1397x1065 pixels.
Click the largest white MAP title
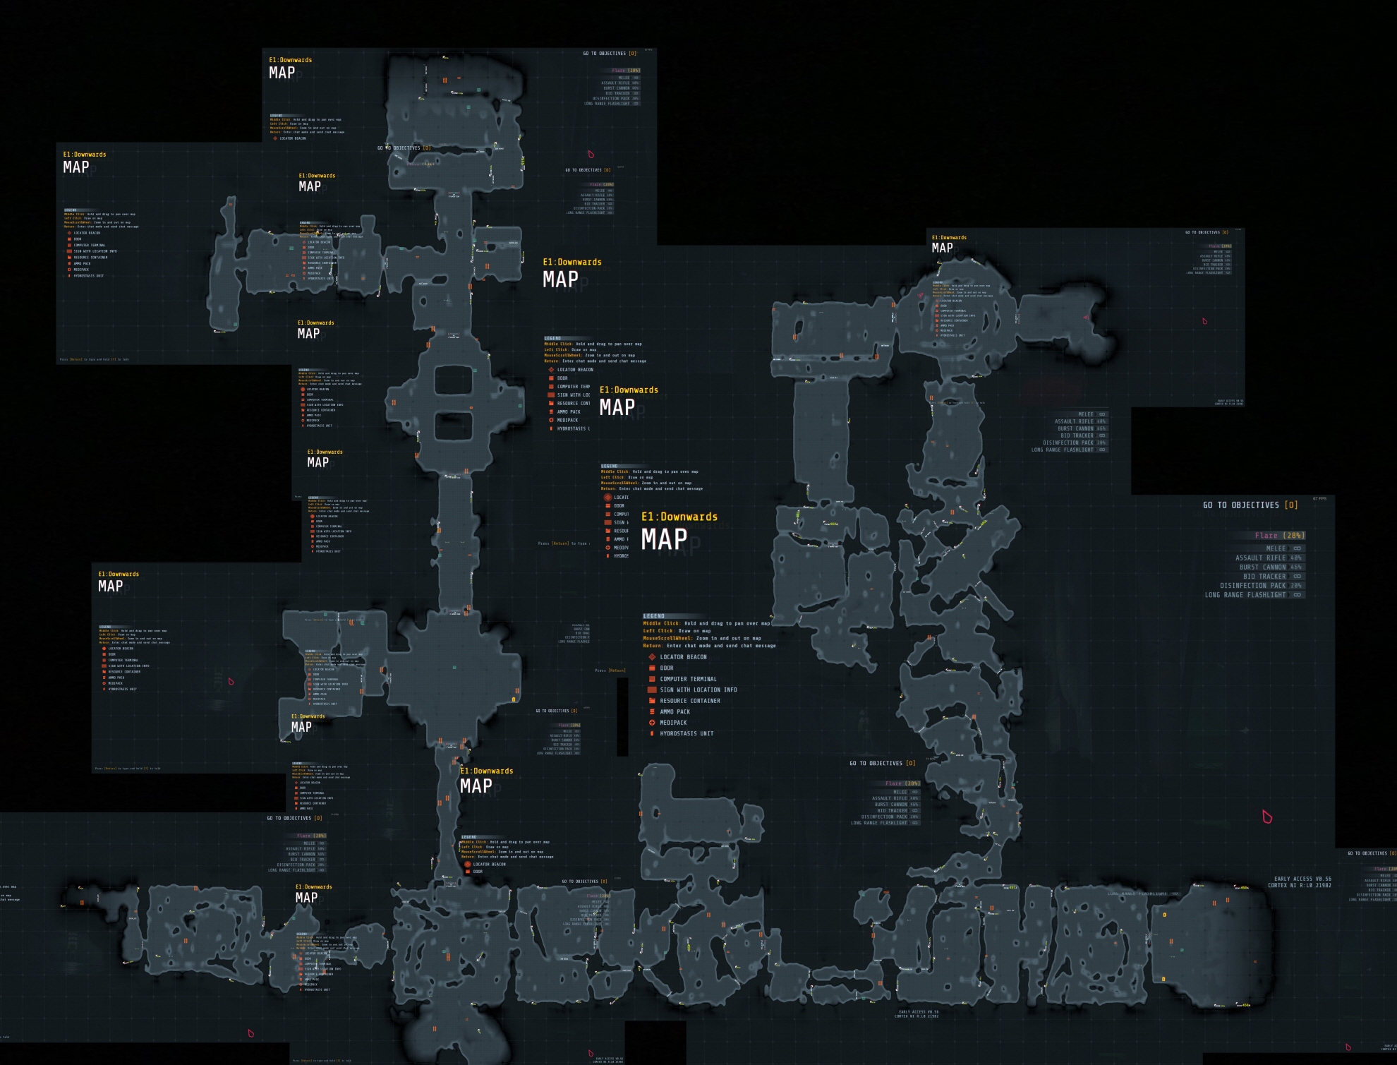[664, 539]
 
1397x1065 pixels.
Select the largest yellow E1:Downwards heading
[679, 517]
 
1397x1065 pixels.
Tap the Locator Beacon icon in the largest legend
[652, 657]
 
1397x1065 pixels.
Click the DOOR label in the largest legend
[667, 668]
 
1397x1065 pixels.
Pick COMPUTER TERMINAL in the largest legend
[688, 679]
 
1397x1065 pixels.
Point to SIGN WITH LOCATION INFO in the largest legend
[698, 690]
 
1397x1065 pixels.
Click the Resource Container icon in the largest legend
[652, 701]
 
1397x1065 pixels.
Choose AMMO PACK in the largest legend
[675, 711]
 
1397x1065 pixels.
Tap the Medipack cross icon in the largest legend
[652, 723]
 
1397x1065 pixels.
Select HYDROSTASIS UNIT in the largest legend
[687, 733]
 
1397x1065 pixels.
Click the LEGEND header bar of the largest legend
[655, 616]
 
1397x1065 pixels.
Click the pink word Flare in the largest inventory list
[1266, 536]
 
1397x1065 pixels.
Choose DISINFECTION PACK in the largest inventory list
[1253, 585]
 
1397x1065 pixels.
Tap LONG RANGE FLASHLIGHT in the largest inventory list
[1245, 595]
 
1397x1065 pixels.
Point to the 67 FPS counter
[1319, 499]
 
